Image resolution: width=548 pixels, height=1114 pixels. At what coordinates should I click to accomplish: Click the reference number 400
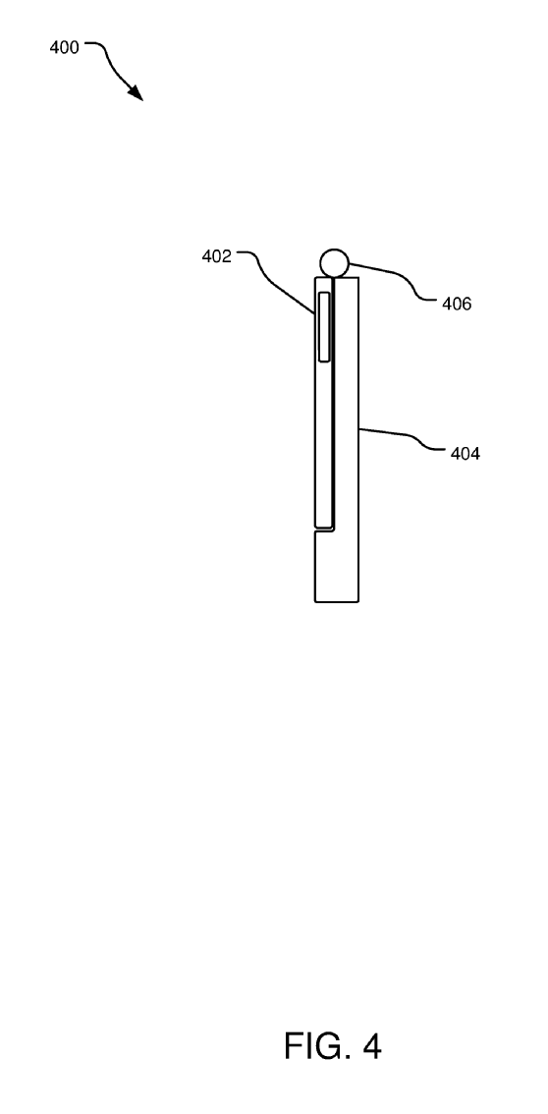pos(64,48)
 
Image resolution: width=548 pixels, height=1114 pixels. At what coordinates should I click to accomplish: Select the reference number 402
pos(216,256)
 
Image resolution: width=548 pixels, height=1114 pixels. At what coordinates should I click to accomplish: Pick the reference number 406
pos(457,305)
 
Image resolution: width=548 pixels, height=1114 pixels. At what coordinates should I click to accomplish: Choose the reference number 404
pos(465,453)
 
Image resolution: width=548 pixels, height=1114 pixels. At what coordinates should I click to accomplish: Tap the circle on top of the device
pos(334,263)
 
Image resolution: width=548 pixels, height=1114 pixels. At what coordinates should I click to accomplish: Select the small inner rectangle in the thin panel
pos(324,327)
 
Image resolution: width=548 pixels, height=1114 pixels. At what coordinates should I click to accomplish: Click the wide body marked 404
pos(347,440)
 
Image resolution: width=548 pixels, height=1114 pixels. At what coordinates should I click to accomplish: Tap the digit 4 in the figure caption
pos(371,1046)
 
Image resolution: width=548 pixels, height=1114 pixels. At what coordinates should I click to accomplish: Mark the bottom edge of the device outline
pos(337,602)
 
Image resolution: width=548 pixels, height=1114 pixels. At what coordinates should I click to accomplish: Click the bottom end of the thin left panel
pos(324,528)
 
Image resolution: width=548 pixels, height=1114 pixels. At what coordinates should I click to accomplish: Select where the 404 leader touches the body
pos(358,427)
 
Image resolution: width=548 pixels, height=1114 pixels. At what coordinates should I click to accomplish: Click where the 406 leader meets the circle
pos(349,264)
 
